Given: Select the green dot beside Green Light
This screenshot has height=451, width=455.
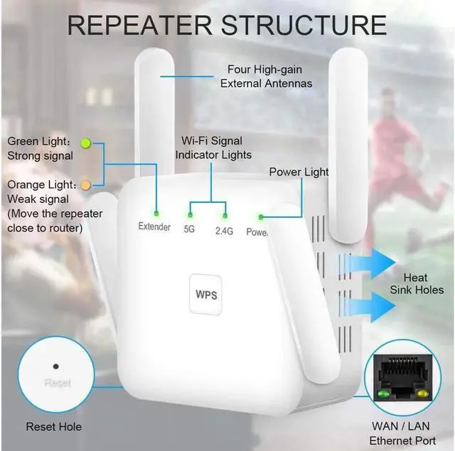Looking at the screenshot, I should pos(86,143).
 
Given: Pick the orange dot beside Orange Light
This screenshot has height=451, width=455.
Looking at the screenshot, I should pos(86,185).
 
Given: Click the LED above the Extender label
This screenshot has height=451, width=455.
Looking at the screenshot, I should pos(156,211).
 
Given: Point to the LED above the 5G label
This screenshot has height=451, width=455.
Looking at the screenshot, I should pos(190,214).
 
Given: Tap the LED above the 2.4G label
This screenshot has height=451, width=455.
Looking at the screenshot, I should pos(225,214).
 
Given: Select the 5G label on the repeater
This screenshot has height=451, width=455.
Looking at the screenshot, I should pos(189,229).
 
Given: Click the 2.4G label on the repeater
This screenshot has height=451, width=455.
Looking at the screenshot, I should pos(224,230).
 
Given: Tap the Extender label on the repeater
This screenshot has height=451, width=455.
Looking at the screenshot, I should pos(154,227).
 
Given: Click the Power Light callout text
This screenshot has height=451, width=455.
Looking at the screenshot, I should pos(299,172).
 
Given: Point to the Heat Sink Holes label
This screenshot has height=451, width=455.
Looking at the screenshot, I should pos(416,283).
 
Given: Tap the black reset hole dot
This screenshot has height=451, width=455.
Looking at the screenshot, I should pos(55,367).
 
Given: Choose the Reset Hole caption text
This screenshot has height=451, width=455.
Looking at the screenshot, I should pos(54,427).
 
